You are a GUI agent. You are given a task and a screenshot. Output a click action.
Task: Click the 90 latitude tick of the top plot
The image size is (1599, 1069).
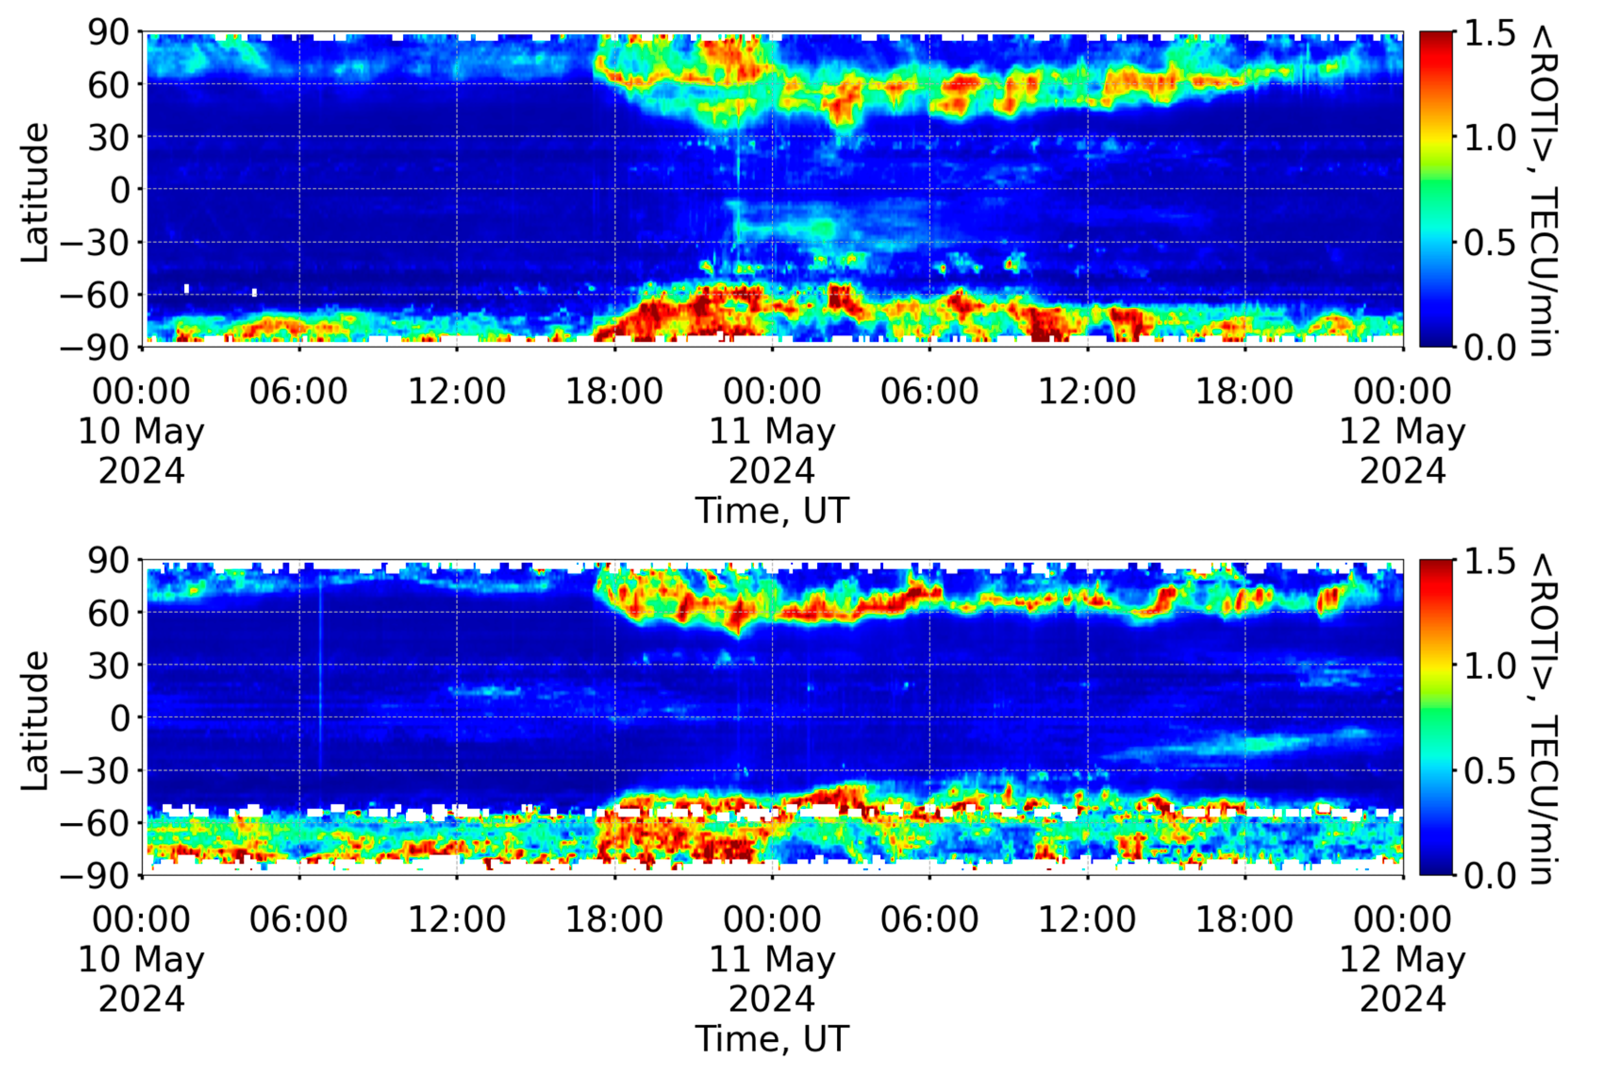108,33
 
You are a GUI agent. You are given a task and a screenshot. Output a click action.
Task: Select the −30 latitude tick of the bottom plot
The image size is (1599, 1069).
95,771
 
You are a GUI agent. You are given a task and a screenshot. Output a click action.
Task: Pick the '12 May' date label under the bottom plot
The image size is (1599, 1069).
1401,960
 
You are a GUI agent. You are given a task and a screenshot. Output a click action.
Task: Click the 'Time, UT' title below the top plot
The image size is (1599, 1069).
772,510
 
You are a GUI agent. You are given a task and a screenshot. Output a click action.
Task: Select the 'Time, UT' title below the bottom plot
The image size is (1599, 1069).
772,1039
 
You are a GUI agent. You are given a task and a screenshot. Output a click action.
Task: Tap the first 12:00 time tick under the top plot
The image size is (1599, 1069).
456,392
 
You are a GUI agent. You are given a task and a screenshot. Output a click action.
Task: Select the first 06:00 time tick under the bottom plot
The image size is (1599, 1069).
298,920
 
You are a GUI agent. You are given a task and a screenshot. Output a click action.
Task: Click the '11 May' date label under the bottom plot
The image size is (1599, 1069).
772,960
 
